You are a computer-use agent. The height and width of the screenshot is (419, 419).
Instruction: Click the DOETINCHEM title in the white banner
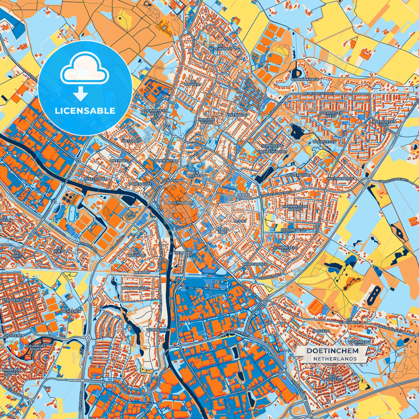[x=332, y=351]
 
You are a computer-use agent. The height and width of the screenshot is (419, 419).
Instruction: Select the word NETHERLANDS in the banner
[x=335, y=359]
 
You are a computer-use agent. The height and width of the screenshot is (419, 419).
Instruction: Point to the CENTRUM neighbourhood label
[x=170, y=181]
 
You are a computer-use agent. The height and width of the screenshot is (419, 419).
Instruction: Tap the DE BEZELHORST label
[x=220, y=48]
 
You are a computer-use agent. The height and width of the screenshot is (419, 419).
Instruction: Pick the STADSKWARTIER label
[x=17, y=300]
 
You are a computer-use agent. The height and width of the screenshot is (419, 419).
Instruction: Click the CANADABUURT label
[x=135, y=288]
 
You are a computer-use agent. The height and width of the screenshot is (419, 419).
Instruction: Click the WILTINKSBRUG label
[x=341, y=179]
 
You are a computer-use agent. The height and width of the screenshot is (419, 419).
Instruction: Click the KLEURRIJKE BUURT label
[x=35, y=348]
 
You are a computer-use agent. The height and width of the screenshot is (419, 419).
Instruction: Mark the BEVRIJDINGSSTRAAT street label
[x=319, y=93]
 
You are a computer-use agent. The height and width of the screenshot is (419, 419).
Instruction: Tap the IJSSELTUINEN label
[x=95, y=179]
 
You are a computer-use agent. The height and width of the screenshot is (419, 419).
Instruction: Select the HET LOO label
[x=130, y=141]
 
